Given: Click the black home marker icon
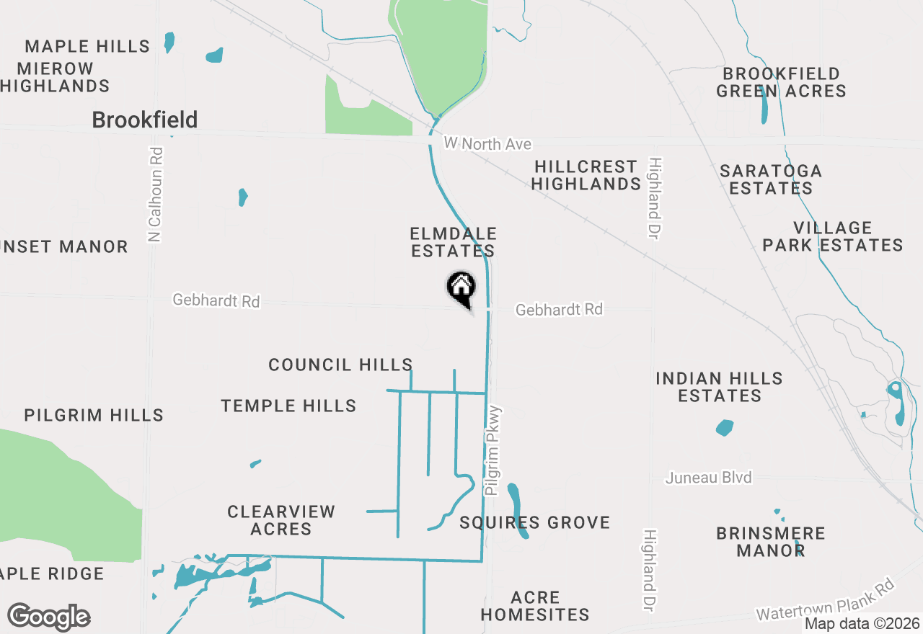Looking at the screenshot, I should [x=461, y=288].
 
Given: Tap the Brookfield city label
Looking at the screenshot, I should [x=145, y=120].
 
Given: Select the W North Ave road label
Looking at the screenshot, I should [x=488, y=144].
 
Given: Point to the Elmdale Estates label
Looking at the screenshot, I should [x=453, y=242].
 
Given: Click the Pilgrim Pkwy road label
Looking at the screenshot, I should [x=493, y=451].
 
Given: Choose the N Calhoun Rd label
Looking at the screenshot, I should [x=155, y=195].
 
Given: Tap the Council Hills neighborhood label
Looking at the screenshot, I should [x=340, y=365].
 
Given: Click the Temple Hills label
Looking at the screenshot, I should [x=288, y=406].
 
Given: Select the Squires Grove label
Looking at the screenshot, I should [x=535, y=522].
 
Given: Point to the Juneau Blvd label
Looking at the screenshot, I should [x=709, y=478].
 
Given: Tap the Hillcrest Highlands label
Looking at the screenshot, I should [x=586, y=175].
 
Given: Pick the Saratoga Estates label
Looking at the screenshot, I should [x=771, y=179].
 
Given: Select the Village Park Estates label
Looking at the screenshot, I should [x=833, y=237].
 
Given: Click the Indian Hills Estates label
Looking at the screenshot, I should [x=720, y=387].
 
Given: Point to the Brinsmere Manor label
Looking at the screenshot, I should [x=770, y=542].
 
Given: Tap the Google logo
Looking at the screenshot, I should [x=48, y=617].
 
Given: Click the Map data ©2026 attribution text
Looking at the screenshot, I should [x=862, y=623].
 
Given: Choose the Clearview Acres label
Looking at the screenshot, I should [x=281, y=520].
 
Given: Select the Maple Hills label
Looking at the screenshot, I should [x=87, y=47].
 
